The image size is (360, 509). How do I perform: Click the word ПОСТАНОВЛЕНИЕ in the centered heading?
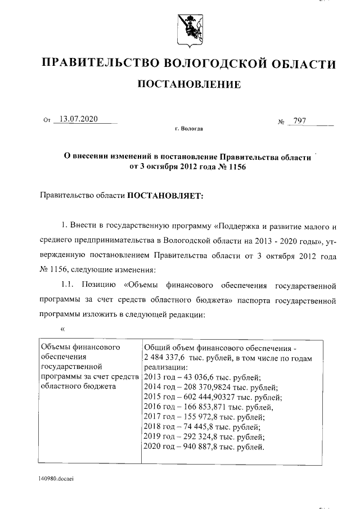189,85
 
